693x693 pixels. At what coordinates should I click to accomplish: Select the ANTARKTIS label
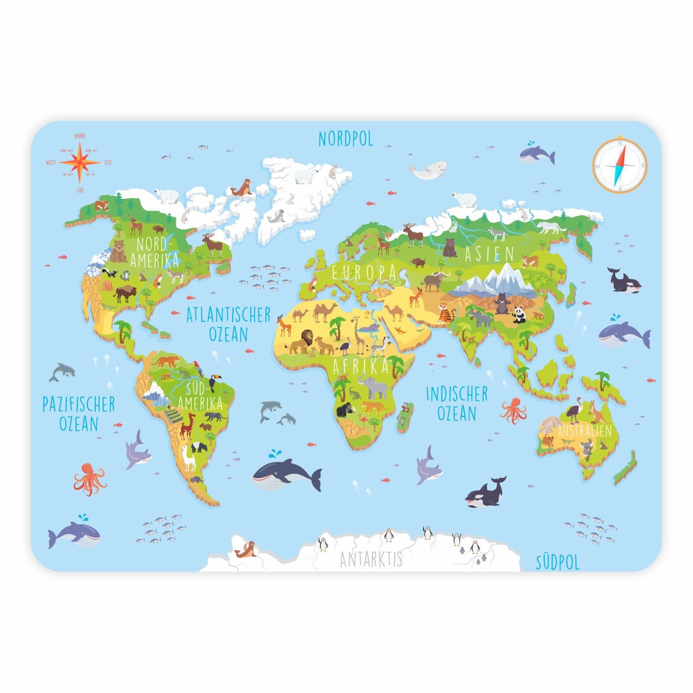(371, 559)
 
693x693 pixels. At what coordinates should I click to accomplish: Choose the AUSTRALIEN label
(585, 431)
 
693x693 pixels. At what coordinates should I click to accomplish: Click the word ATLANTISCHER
(228, 315)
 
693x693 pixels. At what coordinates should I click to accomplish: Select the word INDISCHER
(457, 394)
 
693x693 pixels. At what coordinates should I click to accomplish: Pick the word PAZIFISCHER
(78, 405)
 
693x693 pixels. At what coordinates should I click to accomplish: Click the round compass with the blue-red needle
(619, 166)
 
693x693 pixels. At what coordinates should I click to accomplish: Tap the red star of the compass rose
(79, 162)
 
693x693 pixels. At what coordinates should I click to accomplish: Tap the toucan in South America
(213, 383)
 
